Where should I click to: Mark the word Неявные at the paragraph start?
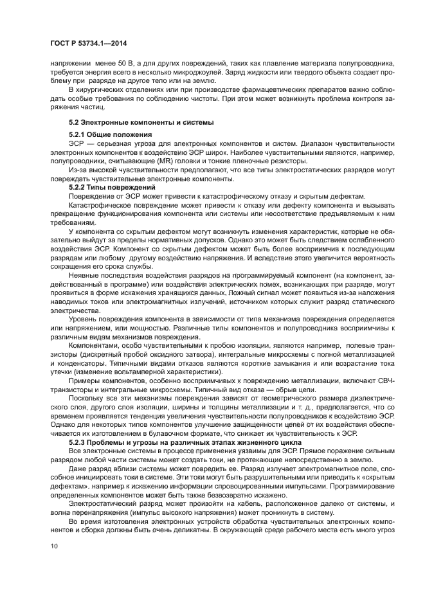pyautogui.click(x=86, y=274)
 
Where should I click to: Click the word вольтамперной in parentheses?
pyautogui.click(x=127, y=371)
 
